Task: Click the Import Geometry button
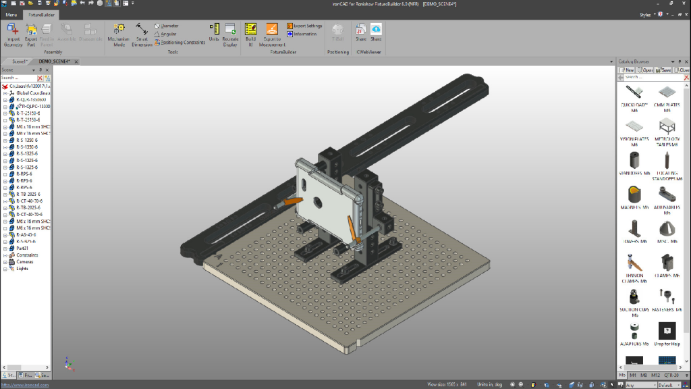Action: pyautogui.click(x=13, y=33)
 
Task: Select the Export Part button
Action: pyautogui.click(x=31, y=33)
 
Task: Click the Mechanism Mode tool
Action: pyautogui.click(x=119, y=34)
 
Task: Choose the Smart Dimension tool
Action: pyautogui.click(x=142, y=34)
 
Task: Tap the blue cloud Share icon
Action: pyautogui.click(x=376, y=30)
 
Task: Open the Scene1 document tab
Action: pyautogui.click(x=20, y=61)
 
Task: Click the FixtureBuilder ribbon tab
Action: pyautogui.click(x=41, y=14)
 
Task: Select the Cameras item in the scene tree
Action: pyautogui.click(x=24, y=262)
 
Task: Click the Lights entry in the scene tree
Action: pyautogui.click(x=22, y=269)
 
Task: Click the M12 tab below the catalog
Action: pyautogui.click(x=657, y=375)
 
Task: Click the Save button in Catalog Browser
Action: pyautogui.click(x=664, y=70)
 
